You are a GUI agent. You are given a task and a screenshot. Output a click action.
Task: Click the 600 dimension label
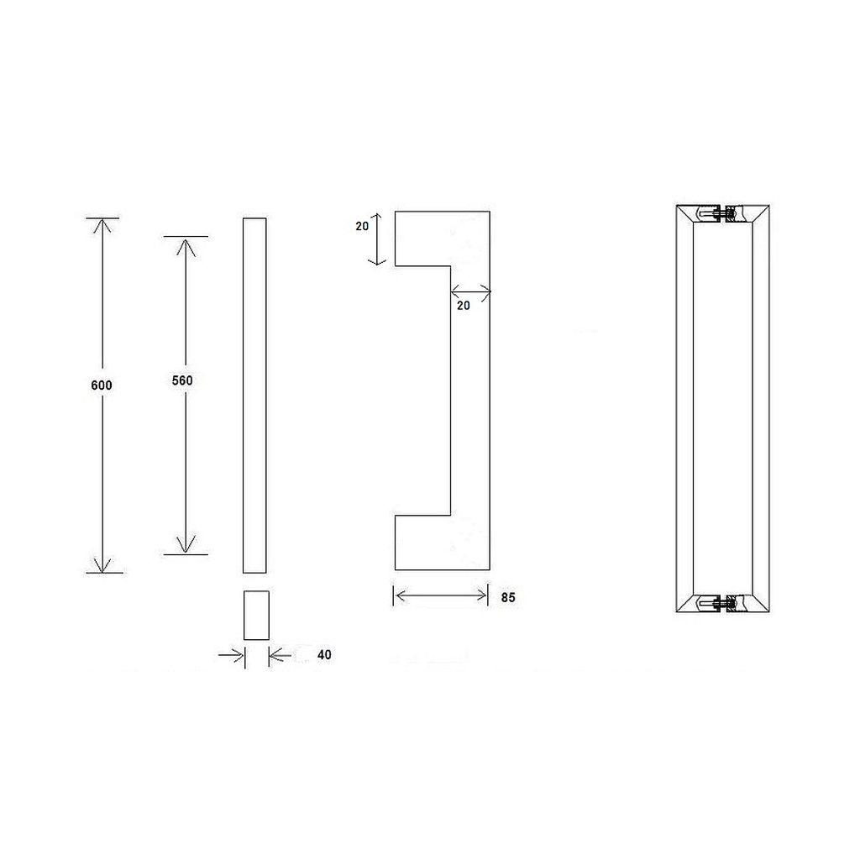(x=101, y=385)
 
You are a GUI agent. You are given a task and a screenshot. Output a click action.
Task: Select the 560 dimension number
(x=182, y=380)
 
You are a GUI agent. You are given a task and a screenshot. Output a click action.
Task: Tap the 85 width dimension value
(x=506, y=599)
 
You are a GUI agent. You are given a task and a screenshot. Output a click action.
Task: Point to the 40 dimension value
(x=325, y=654)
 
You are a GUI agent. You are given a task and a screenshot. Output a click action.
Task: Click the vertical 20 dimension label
(x=361, y=227)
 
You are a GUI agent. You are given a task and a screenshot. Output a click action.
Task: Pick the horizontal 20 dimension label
(x=464, y=307)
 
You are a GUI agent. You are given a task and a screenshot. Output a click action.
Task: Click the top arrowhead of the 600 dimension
(x=102, y=225)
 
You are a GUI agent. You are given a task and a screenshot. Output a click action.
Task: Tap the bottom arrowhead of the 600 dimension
(x=102, y=565)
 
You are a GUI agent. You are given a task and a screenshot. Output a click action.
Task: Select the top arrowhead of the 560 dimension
(x=186, y=244)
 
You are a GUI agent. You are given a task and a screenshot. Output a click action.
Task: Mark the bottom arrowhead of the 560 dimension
(x=186, y=546)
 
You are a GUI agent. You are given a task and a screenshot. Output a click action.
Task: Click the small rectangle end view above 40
(x=255, y=615)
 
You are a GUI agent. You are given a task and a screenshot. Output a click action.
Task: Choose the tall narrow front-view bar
(x=254, y=395)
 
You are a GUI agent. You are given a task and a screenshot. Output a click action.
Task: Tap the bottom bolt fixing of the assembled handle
(x=722, y=603)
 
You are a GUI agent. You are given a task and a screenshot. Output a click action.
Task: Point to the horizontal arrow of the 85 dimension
(x=441, y=596)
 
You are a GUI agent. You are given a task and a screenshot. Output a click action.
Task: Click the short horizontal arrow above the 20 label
(x=470, y=292)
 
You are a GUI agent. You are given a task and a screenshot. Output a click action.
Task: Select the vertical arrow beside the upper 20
(x=379, y=239)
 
